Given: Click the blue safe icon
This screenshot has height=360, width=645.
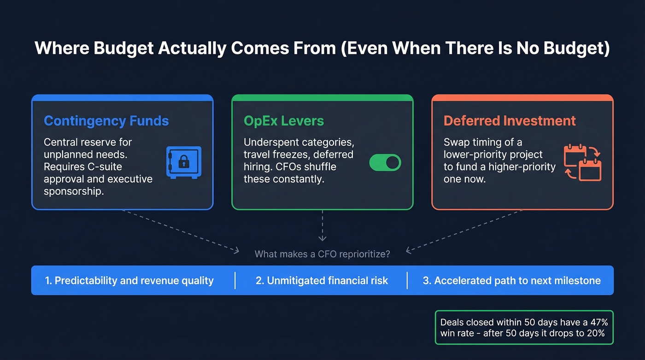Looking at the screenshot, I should click(183, 163).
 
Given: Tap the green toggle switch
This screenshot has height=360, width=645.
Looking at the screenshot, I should click(385, 163).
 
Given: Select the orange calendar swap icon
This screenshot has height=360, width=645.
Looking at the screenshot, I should click(583, 163).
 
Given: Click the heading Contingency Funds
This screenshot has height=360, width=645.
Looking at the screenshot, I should click(106, 121).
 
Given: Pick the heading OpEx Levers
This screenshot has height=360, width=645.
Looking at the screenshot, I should click(284, 121).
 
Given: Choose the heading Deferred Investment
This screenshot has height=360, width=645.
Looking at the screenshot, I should click(510, 121).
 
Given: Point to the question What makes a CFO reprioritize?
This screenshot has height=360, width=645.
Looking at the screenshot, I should click(322, 254).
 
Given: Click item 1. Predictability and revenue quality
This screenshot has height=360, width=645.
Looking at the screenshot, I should click(129, 280).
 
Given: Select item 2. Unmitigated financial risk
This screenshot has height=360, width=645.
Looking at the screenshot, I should click(322, 280).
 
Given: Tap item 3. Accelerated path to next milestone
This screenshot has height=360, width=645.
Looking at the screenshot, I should click(511, 280).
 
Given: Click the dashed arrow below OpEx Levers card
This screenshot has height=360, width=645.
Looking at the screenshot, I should click(322, 226).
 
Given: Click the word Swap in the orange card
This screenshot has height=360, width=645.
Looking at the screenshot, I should click(456, 142).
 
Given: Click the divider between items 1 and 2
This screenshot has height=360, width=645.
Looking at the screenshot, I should click(235, 280).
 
